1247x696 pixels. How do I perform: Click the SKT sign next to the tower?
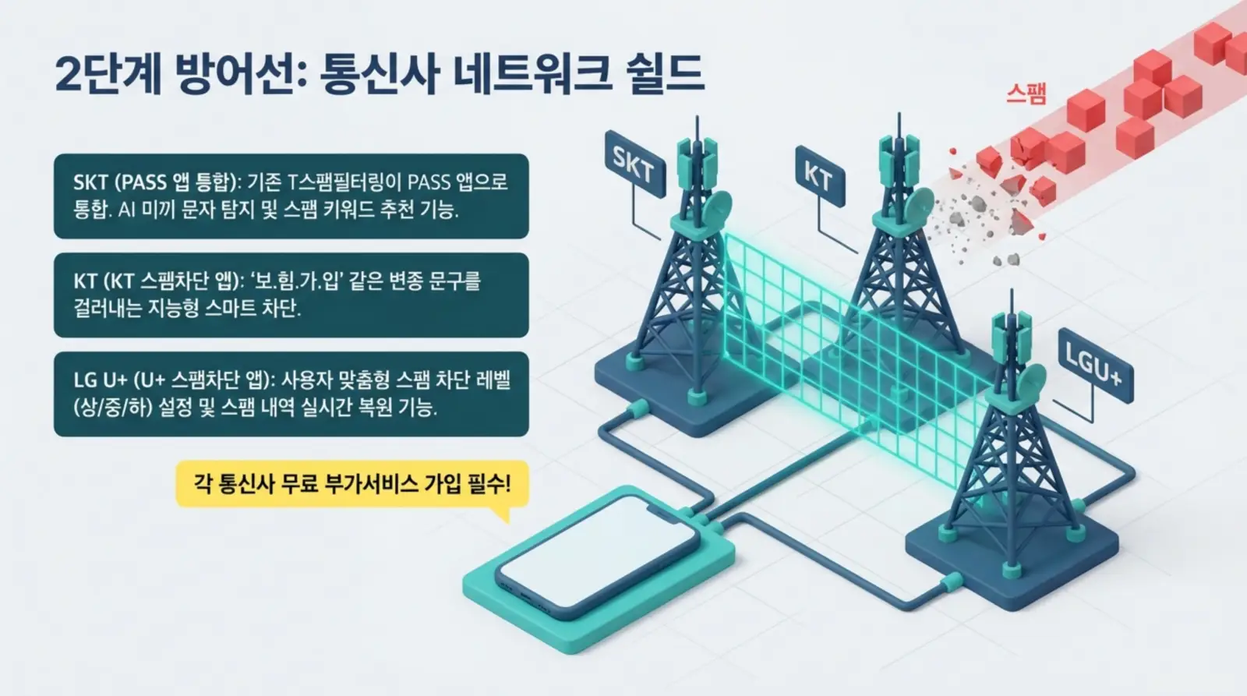634,164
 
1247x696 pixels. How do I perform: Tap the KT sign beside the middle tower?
819,177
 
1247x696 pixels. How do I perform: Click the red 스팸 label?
1026,94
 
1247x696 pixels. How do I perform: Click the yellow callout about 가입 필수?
352,484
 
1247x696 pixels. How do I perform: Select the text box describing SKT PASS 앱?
291,196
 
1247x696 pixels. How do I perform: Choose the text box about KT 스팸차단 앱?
291,295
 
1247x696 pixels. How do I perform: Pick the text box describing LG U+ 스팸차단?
291,394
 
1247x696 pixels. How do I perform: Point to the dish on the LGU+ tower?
1029,382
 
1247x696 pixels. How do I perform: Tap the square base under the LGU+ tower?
1013,561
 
